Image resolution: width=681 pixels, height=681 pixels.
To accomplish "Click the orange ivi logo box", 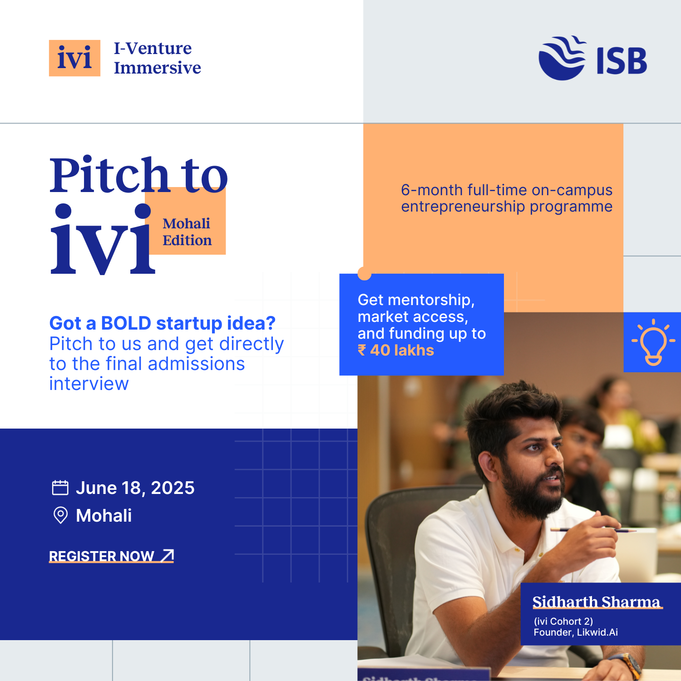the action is click(74, 58).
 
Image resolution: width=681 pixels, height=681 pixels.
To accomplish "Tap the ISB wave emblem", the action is click(562, 58).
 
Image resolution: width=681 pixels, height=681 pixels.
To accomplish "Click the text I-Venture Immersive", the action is click(157, 58).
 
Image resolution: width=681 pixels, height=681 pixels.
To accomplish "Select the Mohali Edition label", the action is click(187, 232).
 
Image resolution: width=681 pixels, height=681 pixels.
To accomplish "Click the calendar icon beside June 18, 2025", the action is click(60, 488).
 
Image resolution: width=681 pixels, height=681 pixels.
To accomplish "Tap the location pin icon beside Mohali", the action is click(60, 515).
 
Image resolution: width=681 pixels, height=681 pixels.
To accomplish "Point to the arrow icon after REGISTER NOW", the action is click(168, 555).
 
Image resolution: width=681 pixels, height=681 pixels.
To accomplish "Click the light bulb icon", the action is click(653, 342).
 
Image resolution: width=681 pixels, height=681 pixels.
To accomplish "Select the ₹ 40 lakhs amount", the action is click(396, 350).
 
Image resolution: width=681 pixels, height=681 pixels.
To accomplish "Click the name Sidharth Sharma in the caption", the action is click(597, 602).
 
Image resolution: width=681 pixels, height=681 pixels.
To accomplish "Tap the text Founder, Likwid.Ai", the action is click(576, 632).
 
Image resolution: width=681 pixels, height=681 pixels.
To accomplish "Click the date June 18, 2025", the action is click(135, 488).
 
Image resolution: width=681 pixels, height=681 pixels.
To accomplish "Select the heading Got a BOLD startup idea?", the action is click(163, 323).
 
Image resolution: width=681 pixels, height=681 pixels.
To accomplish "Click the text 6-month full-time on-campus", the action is click(507, 190).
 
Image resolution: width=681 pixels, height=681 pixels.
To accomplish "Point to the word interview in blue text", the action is click(89, 384).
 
